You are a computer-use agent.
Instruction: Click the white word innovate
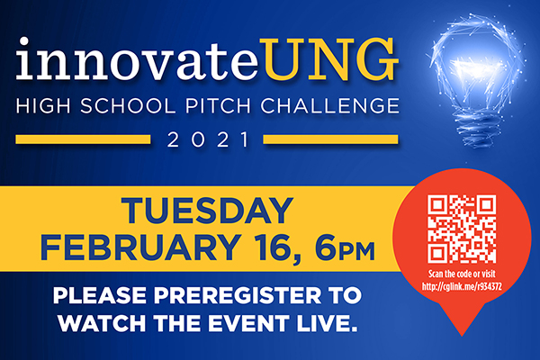[137, 58]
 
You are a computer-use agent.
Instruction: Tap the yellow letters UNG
[328, 59]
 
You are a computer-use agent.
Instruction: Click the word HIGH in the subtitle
[43, 106]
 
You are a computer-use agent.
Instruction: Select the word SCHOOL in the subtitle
[128, 106]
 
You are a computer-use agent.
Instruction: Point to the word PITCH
[219, 106]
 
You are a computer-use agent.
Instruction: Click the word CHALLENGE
[329, 106]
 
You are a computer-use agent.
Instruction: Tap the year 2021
[208, 139]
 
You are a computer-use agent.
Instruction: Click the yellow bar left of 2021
[83, 139]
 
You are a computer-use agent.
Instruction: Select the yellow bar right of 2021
[330, 139]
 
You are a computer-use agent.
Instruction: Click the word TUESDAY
[207, 211]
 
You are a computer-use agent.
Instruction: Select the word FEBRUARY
[141, 247]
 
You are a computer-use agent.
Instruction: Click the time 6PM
[345, 247]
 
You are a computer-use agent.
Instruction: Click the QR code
[462, 229]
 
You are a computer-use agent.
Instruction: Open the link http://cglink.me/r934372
[462, 286]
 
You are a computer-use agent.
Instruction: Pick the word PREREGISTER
[238, 295]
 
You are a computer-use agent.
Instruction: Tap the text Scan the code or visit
[462, 274]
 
